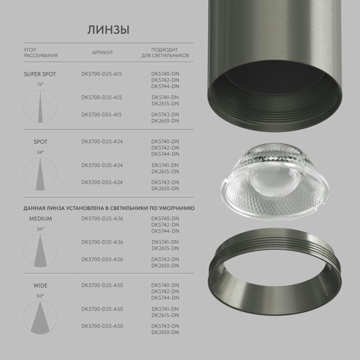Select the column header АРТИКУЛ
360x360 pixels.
102,52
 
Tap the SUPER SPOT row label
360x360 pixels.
40,74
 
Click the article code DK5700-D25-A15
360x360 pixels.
101,74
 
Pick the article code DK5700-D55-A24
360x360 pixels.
101,183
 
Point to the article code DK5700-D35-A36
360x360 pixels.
102,242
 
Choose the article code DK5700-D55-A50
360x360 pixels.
102,326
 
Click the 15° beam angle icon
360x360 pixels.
40,106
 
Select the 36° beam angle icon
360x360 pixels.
40,250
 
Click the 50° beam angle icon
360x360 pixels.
40,318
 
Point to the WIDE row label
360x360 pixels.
40,285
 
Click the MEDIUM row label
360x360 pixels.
40,219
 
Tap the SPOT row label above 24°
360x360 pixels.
40,141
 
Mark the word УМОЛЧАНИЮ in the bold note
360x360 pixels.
177,208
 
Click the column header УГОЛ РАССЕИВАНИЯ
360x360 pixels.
40,52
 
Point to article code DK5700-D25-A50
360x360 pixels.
102,285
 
